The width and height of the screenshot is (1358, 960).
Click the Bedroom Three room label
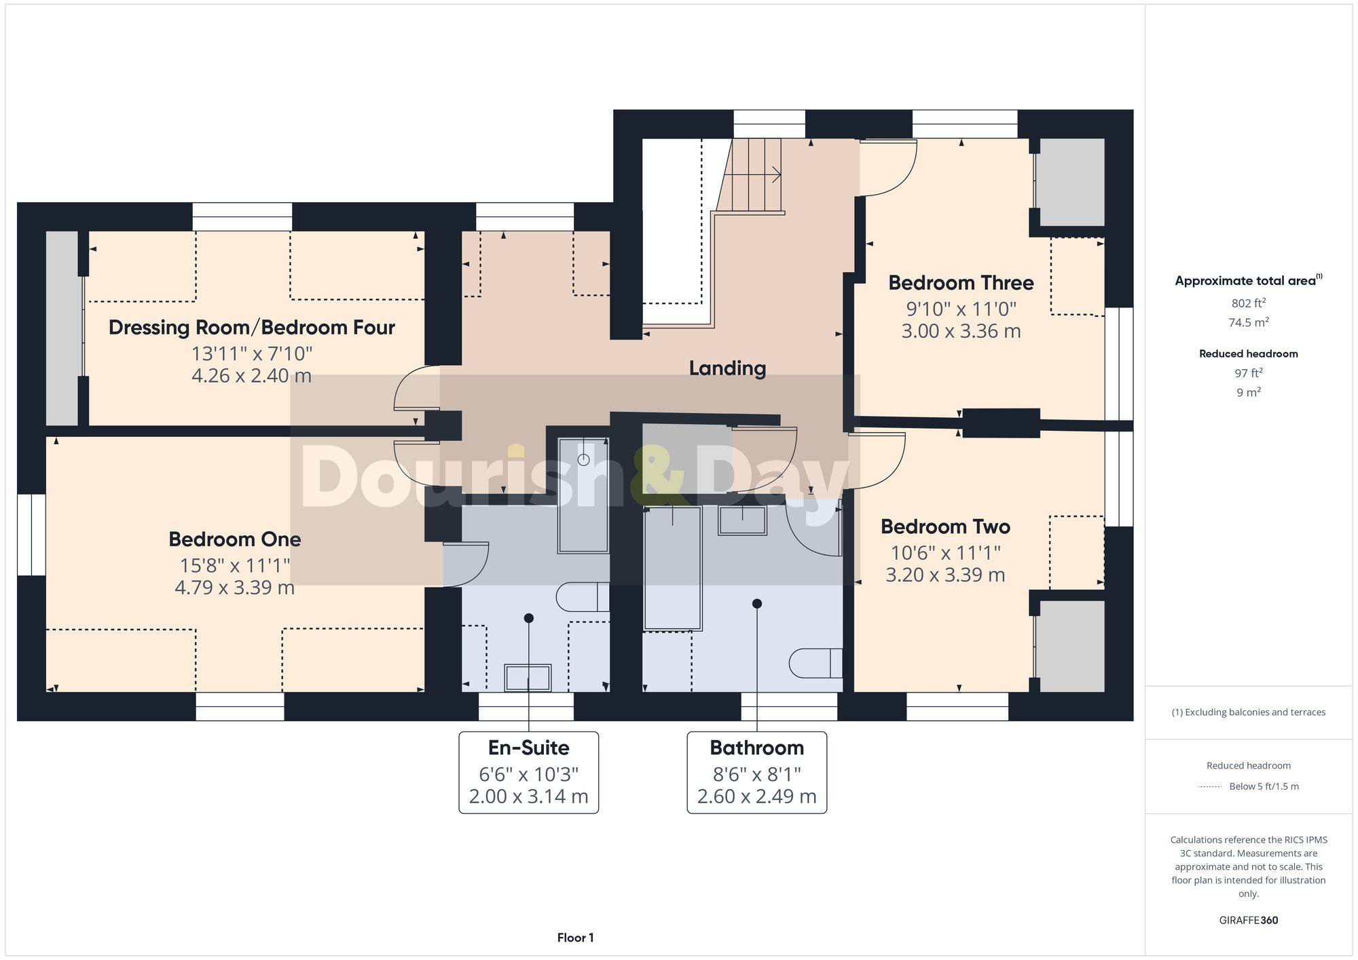[x=961, y=283]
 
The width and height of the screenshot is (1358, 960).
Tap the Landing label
[x=727, y=368]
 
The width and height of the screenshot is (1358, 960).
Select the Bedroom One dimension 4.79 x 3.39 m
[x=234, y=588]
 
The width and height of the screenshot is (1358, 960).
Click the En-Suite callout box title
[x=528, y=748]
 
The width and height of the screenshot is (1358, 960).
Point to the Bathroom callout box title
[x=756, y=748]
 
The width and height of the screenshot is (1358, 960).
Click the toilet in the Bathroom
[x=815, y=663]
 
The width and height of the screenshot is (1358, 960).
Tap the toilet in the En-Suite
[x=581, y=597]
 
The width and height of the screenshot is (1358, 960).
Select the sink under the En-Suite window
[x=528, y=677]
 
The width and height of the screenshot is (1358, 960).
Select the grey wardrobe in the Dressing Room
[x=62, y=328]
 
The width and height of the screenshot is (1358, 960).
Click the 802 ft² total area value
[x=1248, y=303]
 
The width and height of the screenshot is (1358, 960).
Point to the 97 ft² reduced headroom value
[x=1248, y=373]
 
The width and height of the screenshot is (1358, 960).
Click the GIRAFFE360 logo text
[x=1248, y=920]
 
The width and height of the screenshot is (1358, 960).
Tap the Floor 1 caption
[x=575, y=938]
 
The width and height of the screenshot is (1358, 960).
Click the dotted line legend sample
[x=1210, y=787]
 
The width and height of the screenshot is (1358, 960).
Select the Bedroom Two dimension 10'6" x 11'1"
[x=944, y=553]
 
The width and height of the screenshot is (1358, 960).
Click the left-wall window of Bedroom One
[x=31, y=535]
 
